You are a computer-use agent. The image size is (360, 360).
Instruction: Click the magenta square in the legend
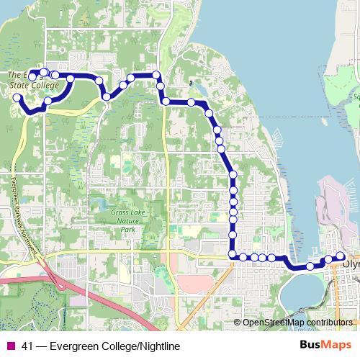tap(10, 346)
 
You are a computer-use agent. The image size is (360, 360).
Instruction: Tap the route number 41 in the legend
tap(28, 346)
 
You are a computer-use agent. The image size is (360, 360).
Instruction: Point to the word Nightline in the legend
tap(154, 346)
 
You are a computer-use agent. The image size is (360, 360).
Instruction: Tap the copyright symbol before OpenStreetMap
tap(237, 322)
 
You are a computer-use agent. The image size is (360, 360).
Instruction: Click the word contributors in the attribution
tap(330, 322)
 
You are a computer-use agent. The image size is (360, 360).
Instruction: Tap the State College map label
tap(34, 84)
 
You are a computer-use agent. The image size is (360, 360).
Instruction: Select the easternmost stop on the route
tap(340, 256)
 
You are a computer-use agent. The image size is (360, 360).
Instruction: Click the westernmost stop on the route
tap(17, 97)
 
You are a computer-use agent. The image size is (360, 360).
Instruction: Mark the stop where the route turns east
tap(233, 255)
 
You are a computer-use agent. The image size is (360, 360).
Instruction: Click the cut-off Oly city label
tap(351, 264)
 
